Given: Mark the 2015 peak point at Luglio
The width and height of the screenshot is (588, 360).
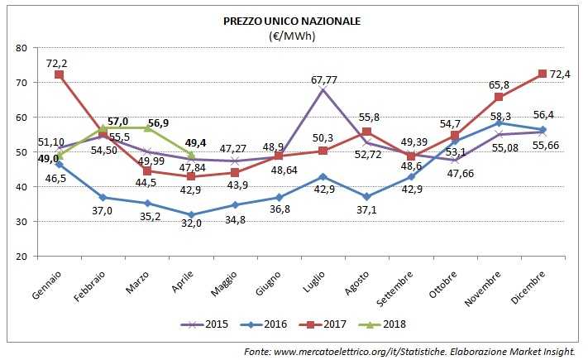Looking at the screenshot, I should click(321, 89).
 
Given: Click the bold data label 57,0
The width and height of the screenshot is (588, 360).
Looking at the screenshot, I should click(118, 121).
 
